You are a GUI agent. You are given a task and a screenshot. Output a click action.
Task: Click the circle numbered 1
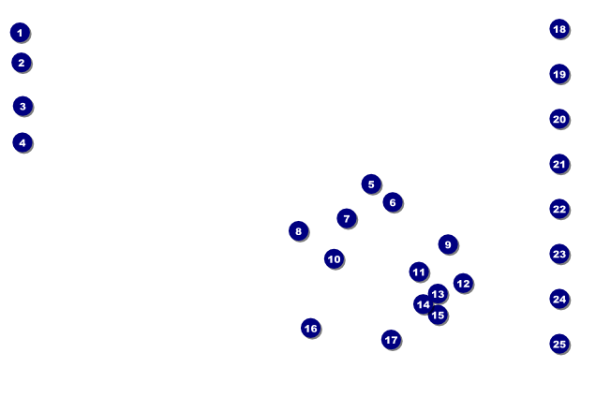[20, 33]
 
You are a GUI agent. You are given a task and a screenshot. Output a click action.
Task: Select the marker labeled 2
[22, 63]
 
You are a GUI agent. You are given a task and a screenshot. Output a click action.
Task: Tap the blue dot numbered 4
[22, 143]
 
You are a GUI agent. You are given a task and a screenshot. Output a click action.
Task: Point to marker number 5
[371, 184]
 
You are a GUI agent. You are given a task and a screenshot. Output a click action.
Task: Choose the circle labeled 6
[393, 202]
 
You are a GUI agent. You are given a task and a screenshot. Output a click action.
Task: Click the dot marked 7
[347, 219]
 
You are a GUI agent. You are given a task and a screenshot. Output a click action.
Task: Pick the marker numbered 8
[299, 231]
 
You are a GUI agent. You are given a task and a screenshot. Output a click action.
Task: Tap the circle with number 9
[448, 244]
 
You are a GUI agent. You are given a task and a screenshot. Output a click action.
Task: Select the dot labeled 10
[335, 259]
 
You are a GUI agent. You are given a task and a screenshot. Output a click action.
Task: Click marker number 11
[419, 272]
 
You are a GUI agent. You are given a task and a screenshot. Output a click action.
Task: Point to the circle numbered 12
[463, 284]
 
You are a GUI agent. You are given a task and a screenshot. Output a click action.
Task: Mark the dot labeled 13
[438, 294]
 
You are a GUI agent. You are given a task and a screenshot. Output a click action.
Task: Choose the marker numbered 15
[438, 315]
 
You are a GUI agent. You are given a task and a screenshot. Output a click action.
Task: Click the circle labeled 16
[311, 329]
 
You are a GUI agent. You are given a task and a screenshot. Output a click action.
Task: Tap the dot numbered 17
[392, 340]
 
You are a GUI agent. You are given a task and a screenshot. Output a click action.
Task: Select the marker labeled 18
[559, 29]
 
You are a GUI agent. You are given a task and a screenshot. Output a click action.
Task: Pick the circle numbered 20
[559, 119]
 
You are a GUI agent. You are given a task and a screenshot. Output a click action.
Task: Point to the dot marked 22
[559, 209]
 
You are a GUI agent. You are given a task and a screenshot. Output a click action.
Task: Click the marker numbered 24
[559, 299]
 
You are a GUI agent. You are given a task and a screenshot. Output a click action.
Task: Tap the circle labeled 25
[559, 344]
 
